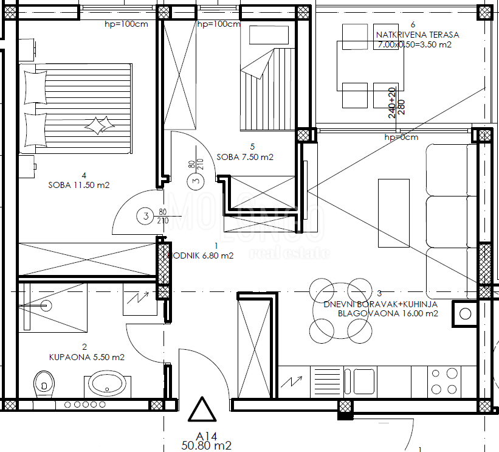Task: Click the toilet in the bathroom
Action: [43, 384]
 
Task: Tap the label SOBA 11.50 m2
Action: [78, 185]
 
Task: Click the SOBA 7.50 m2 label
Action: [245, 157]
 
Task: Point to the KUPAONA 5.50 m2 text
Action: [86, 357]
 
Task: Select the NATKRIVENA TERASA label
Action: [418, 35]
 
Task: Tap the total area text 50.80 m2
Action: [207, 446]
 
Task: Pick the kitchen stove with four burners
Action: [444, 381]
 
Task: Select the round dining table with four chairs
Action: [340, 310]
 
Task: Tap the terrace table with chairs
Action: [371, 66]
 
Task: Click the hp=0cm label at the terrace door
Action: [401, 137]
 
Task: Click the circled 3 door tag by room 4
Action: [145, 215]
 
